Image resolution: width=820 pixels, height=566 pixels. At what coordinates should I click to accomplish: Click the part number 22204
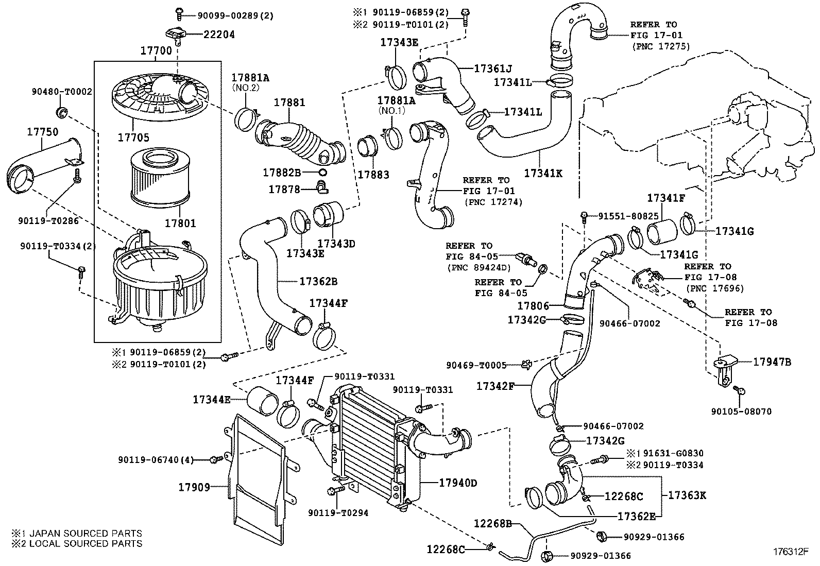(x=219, y=35)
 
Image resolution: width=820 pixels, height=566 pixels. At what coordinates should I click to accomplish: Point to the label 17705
(x=133, y=138)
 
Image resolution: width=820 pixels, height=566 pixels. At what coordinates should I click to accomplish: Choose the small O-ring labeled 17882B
(x=322, y=172)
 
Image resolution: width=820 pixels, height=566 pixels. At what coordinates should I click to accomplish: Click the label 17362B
(x=318, y=282)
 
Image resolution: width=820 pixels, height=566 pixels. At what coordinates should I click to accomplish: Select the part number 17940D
(x=458, y=483)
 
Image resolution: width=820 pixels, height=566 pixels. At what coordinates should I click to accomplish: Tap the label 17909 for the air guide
(x=194, y=487)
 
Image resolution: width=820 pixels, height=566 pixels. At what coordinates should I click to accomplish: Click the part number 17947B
(x=772, y=362)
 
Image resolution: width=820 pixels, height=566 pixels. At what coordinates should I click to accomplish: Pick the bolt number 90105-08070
(x=742, y=411)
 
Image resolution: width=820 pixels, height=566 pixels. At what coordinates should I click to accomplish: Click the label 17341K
(x=543, y=173)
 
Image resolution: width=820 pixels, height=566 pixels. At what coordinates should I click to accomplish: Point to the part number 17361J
(x=493, y=68)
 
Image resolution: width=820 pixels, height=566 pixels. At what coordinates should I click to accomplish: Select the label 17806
(x=533, y=306)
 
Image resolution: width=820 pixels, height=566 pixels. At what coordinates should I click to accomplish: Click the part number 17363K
(x=687, y=495)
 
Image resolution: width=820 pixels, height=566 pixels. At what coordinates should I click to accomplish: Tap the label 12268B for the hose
(x=493, y=524)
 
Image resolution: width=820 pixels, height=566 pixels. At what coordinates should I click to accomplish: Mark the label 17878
(x=284, y=189)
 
